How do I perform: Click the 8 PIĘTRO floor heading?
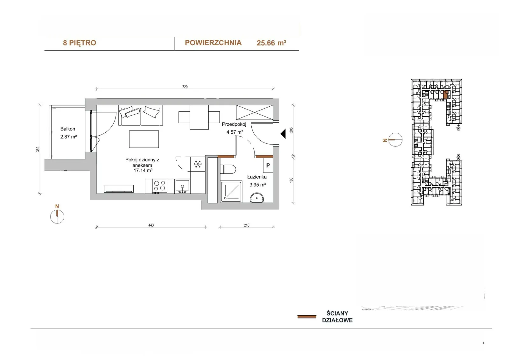[x=80, y=43]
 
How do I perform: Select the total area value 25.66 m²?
[x=271, y=43]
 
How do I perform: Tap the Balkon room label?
[x=68, y=129]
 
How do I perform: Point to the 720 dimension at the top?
[x=185, y=87]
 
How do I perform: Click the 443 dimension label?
[x=151, y=225]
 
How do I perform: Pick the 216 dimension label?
[x=247, y=225]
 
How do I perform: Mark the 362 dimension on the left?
[x=38, y=149]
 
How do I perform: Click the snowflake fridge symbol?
[x=198, y=164]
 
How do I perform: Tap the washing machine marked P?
[x=268, y=165]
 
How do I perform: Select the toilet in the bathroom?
[x=228, y=169]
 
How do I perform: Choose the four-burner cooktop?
[x=159, y=186]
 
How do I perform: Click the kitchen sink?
[x=182, y=186]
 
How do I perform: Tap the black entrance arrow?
[x=283, y=134]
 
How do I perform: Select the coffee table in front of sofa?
[x=144, y=139]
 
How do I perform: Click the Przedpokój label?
[x=234, y=124]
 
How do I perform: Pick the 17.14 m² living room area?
[x=143, y=170]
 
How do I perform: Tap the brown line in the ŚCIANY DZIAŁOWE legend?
[x=307, y=317]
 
